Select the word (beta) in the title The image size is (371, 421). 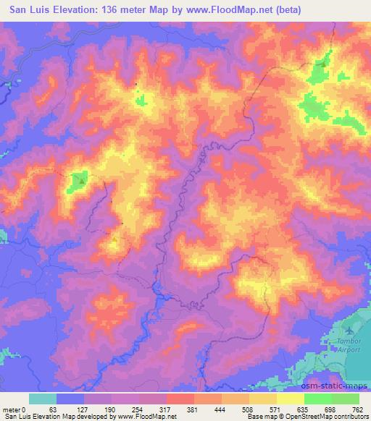(285, 10)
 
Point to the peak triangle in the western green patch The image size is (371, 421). (81, 181)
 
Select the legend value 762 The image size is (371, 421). (357, 409)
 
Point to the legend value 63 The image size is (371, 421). (52, 409)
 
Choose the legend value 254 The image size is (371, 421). (136, 409)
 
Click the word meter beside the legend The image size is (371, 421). (10, 409)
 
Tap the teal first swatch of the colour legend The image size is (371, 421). (42, 399)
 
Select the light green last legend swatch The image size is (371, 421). (345, 399)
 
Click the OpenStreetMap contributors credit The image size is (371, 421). (321, 417)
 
